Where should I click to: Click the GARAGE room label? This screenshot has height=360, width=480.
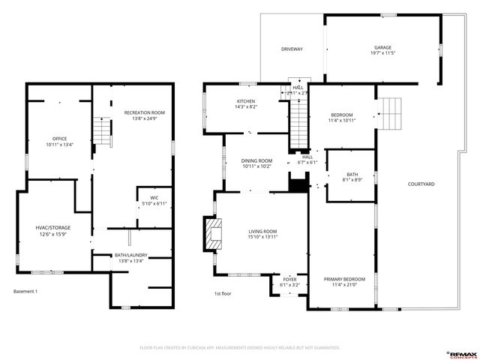382,50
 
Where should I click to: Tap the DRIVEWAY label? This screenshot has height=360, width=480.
292,49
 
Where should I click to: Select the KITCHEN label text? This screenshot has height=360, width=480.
246,104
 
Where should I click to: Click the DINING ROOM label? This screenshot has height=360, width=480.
256,163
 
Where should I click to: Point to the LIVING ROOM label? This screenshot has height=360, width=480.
263,234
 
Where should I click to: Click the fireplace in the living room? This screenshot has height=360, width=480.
214,234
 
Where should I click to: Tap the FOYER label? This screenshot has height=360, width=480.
289,282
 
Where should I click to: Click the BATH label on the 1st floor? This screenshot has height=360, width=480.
352,176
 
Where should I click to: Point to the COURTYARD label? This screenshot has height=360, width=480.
421,184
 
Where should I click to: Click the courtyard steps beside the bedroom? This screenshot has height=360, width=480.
391,115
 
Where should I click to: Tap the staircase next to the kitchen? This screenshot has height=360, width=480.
299,123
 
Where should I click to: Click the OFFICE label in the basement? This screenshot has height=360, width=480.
59,142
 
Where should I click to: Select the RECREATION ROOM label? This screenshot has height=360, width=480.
144,115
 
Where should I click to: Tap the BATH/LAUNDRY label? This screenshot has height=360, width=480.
130,257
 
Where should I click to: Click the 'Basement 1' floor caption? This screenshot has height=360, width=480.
25,291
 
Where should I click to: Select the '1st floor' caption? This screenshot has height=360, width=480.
223,293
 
